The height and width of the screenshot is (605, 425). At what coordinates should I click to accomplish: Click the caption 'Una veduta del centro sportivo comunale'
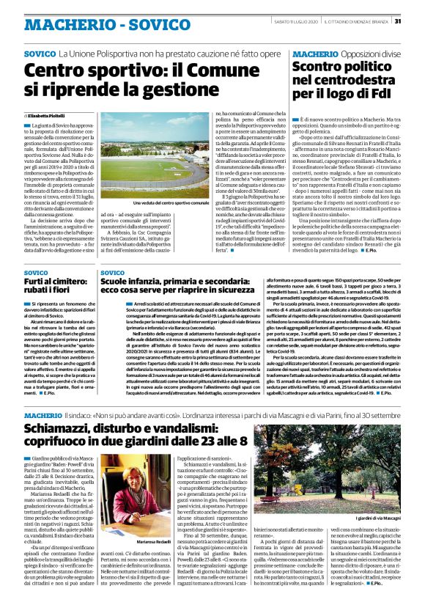tap(151, 202)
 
